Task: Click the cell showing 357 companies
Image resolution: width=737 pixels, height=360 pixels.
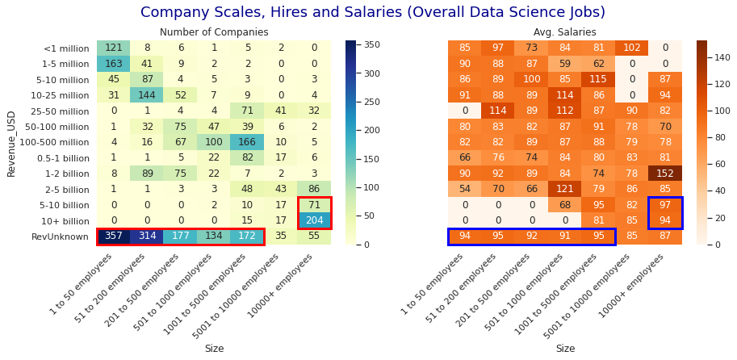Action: click(x=114, y=237)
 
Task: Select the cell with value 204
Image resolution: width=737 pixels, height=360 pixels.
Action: click(x=314, y=220)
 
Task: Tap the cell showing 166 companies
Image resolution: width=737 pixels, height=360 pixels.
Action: click(x=247, y=142)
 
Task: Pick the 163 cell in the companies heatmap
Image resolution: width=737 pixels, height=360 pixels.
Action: click(x=114, y=64)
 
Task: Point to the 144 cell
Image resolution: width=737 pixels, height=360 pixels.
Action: click(x=147, y=95)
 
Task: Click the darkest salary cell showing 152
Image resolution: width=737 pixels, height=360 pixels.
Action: click(x=665, y=174)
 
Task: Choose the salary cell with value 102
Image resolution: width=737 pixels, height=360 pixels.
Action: click(x=632, y=48)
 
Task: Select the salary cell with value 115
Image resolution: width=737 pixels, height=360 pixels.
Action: click(x=598, y=80)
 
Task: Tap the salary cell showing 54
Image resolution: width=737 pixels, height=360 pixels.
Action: click(x=465, y=189)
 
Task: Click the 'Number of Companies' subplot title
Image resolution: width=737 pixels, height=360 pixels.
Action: click(x=214, y=32)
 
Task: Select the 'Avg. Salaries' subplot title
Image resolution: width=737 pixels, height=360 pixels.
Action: click(x=565, y=32)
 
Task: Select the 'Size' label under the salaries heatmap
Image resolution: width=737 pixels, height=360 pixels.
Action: click(x=565, y=349)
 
